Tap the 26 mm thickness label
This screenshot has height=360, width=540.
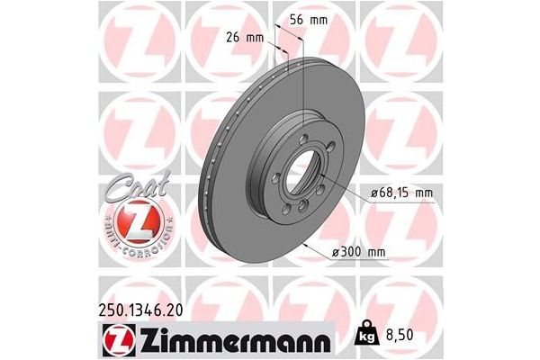click(243, 37)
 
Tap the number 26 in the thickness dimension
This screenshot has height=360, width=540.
click(233, 37)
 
